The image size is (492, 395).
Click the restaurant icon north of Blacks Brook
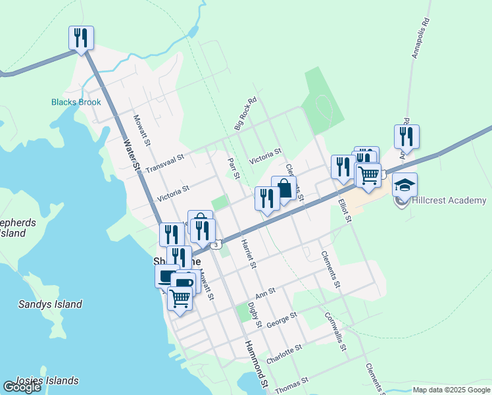(x=81, y=38)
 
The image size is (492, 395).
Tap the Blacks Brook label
(x=76, y=102)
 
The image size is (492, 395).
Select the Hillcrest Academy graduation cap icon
(x=405, y=184)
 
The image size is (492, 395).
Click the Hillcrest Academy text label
(x=449, y=200)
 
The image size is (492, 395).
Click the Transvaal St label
(x=165, y=161)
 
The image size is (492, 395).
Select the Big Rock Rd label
(x=245, y=113)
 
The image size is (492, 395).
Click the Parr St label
(x=232, y=167)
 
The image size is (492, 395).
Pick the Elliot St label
(x=345, y=211)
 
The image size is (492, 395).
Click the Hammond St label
(x=256, y=364)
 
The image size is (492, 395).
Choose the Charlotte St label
(x=283, y=352)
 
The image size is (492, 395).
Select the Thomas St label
(x=292, y=384)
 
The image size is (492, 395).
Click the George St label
(x=282, y=320)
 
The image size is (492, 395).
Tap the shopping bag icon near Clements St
(x=284, y=188)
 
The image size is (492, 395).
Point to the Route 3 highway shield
(x=216, y=245)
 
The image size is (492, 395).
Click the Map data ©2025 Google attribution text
(x=451, y=390)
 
